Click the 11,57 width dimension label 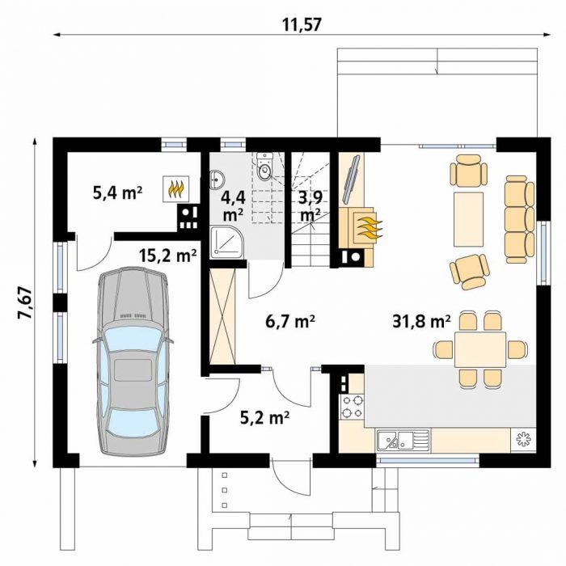(302, 25)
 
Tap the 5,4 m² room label (117, 193)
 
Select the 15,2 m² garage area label (168, 256)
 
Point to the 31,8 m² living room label (421, 320)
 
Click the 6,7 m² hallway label (290, 321)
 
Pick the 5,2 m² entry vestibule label (264, 418)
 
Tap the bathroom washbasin (217, 179)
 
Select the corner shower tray (227, 243)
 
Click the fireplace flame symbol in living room (368, 226)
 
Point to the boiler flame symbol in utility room (176, 188)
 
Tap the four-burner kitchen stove (352, 407)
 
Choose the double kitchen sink (403, 440)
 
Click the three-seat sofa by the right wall (519, 219)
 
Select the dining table (480, 350)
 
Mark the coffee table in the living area (468, 219)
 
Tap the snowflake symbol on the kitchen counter (522, 440)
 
